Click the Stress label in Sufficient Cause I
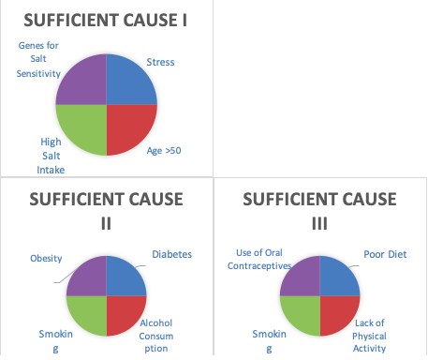[x=160, y=62]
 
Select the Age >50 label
[x=164, y=151]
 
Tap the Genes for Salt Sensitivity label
[x=38, y=59]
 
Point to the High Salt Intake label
[x=51, y=156]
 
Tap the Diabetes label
[x=172, y=254]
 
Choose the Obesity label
[x=46, y=259]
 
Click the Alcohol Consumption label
[x=156, y=336]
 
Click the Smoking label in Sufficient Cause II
[x=56, y=340]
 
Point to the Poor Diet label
[x=385, y=254]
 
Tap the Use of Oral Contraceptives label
[x=259, y=259]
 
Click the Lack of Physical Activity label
[x=369, y=336]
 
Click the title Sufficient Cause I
[x=106, y=21]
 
